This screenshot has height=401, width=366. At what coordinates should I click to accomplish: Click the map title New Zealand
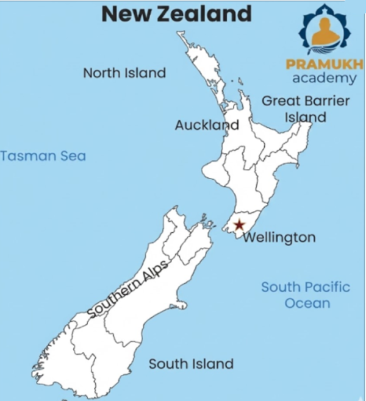point(176,13)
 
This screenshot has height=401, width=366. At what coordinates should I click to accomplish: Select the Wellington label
point(279,237)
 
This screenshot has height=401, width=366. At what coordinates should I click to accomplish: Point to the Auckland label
point(207,125)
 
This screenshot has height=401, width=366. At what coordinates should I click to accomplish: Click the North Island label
point(124,73)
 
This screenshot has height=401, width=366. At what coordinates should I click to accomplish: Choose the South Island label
point(191,364)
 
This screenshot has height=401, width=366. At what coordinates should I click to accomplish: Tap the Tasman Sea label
point(43,155)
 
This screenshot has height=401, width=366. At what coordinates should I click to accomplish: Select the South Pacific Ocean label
point(306,294)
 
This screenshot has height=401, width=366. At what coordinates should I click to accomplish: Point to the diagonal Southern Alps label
point(128,288)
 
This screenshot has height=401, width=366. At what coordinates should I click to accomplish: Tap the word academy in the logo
point(325,78)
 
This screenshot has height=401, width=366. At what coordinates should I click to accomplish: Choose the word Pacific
point(327,286)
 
